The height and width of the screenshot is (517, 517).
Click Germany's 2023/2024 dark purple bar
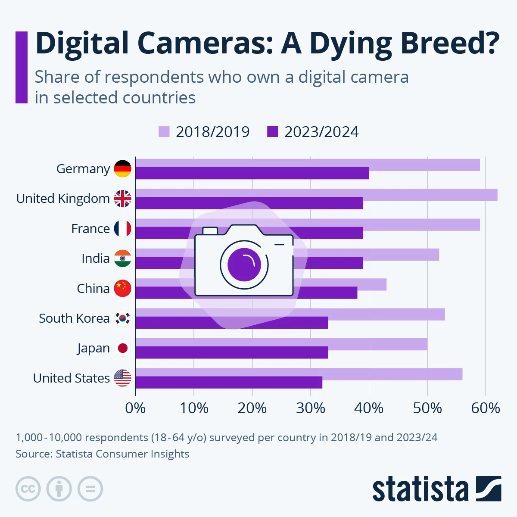[252, 173]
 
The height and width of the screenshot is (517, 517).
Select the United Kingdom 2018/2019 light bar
[316, 194]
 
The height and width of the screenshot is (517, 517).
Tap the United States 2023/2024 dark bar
[229, 383]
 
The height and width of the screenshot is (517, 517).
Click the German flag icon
[122, 169]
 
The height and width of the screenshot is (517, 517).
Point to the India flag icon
[122, 258]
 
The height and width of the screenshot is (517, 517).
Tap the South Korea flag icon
[122, 318]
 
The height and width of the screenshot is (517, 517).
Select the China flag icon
[122, 288]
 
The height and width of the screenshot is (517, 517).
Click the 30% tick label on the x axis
[311, 408]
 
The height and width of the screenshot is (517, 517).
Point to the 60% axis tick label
[486, 408]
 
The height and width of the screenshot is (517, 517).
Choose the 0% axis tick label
[135, 408]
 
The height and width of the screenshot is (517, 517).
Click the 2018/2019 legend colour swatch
[164, 131]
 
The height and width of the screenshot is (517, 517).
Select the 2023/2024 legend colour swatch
[273, 131]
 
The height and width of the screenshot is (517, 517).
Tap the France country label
[90, 229]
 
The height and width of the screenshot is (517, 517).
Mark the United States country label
[72, 378]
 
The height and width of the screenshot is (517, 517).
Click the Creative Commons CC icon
[28, 489]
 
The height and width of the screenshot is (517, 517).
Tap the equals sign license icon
[90, 489]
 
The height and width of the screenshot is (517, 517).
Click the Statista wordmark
[420, 489]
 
